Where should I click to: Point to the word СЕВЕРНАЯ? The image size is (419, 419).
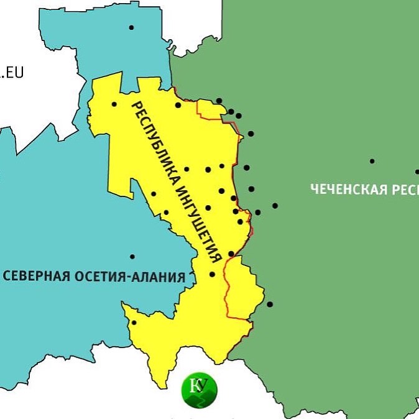pos(35,276)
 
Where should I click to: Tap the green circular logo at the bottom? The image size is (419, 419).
pos(200,390)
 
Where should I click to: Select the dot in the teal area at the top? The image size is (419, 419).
pos(131,27)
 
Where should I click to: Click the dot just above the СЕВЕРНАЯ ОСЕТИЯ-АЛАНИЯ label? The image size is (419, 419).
pos(132,257)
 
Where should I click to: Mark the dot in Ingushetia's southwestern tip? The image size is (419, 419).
pos(134,322)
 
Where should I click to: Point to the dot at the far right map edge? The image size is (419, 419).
pos(417,172)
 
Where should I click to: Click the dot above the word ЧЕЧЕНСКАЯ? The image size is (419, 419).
pos(372,161)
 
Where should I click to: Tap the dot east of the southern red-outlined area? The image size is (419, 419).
pos(270,304)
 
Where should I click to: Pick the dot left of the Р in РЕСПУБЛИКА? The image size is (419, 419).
pos(114,104)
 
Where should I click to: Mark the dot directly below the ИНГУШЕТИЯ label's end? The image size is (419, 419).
pos(212,274)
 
